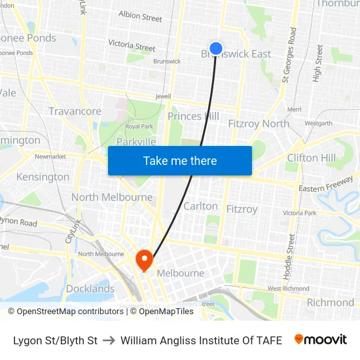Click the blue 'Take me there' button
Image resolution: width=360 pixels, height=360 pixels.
point(180,161)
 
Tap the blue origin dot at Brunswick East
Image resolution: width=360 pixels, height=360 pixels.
point(216,48)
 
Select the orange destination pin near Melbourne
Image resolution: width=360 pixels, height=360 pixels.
point(144,261)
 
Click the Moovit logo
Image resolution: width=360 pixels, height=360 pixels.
point(321,340)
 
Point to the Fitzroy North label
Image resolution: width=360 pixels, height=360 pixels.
point(259,124)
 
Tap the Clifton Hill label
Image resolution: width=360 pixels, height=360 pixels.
point(312,158)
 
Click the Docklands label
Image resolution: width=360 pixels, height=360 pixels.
point(90,289)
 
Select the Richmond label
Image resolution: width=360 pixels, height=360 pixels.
point(331,302)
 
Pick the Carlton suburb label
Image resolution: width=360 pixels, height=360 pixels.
point(200,206)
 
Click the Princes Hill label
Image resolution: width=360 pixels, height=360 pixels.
point(193,117)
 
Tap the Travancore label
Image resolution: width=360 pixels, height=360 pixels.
point(75,111)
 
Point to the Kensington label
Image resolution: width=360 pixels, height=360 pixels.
point(43,177)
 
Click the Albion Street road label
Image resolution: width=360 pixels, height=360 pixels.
point(140,16)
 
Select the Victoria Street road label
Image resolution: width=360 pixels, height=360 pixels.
point(132,46)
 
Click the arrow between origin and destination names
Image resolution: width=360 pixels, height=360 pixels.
point(109,340)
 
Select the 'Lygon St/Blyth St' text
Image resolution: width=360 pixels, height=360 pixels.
point(55,340)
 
